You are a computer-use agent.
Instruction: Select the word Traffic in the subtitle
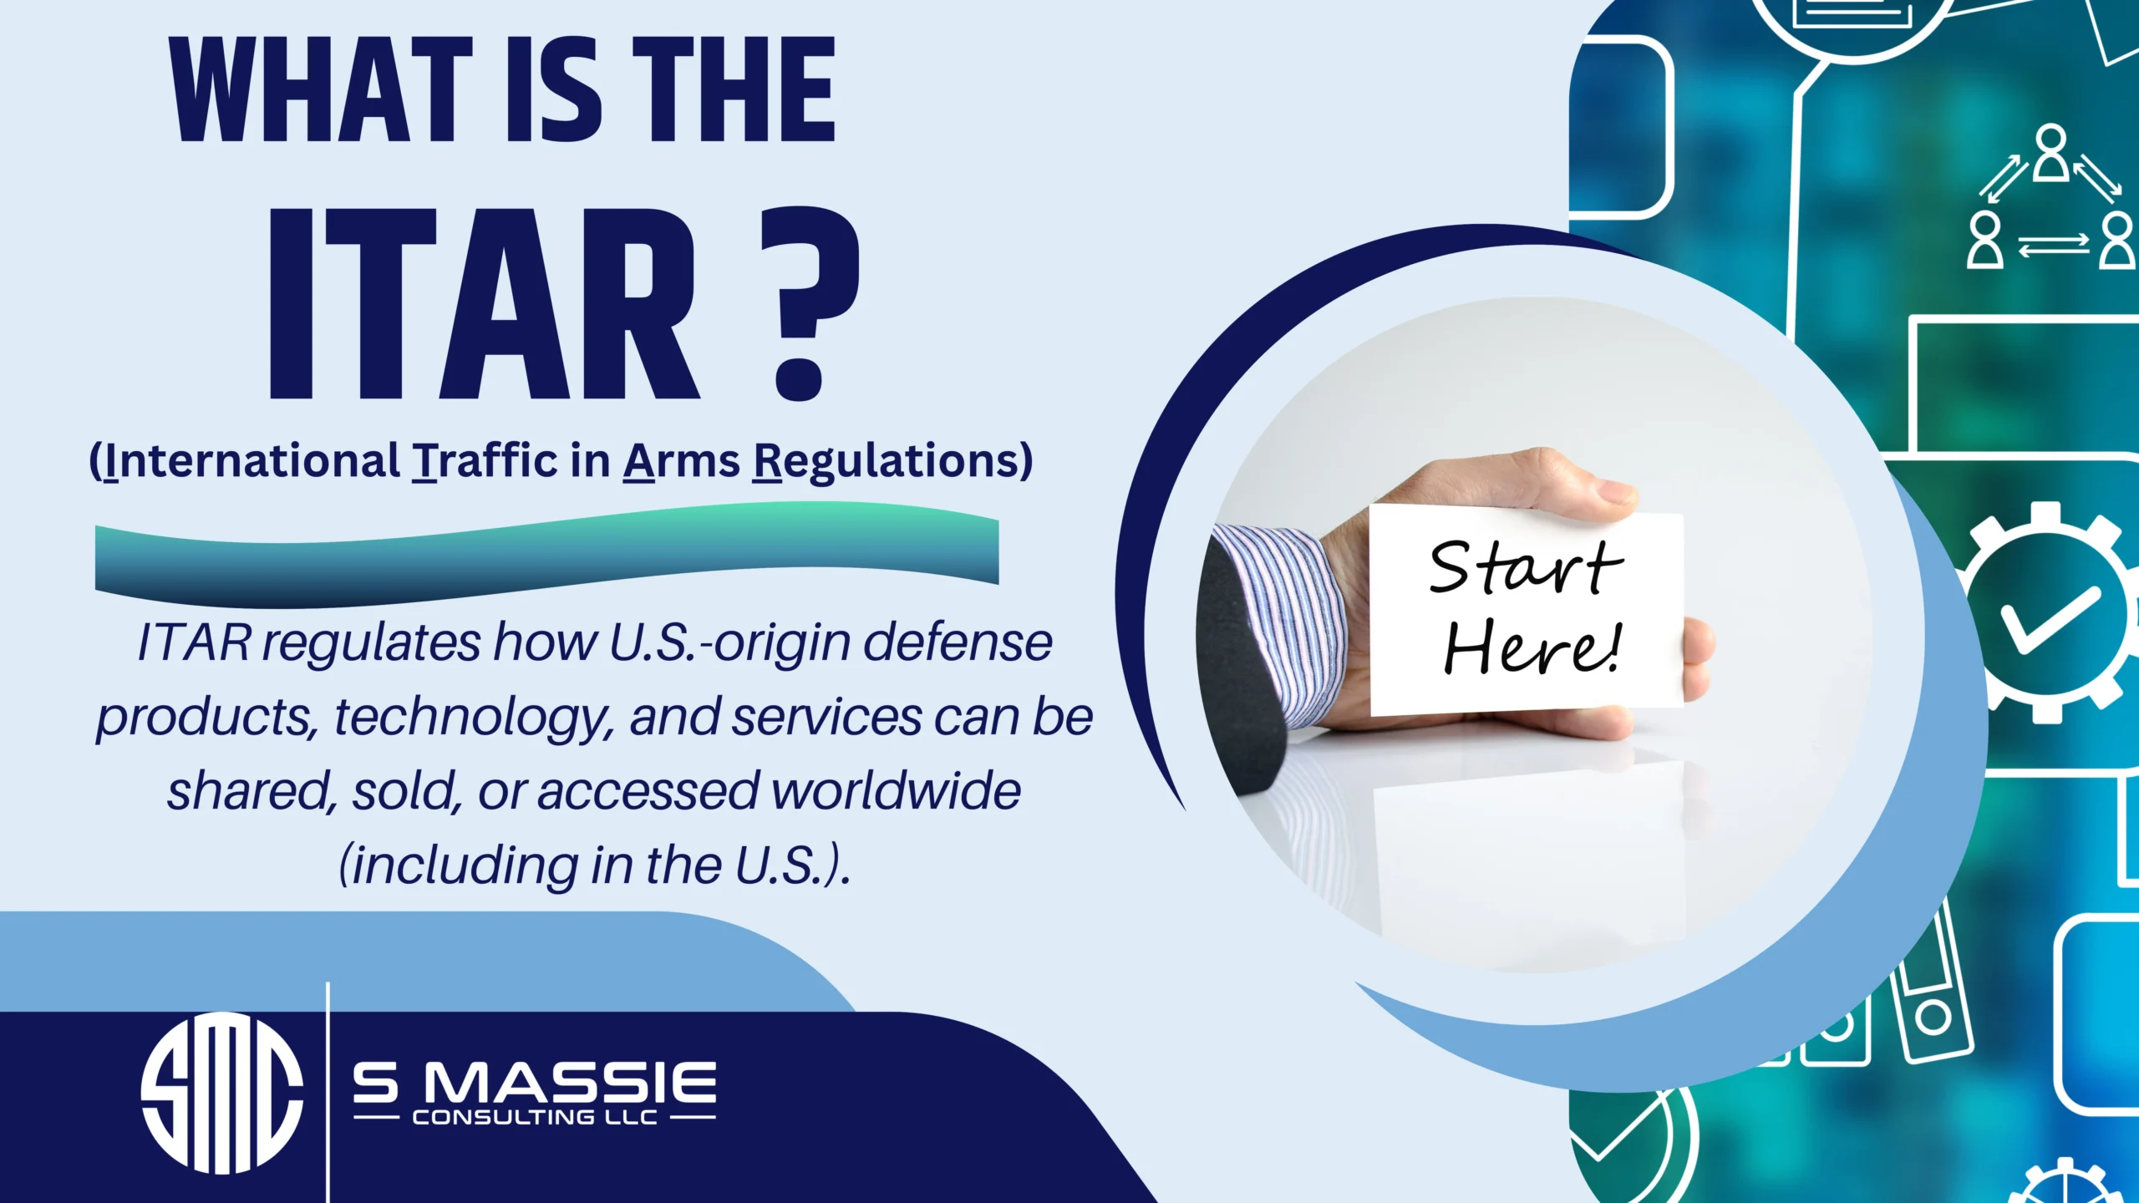click(x=485, y=460)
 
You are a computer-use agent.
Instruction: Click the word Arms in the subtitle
click(x=681, y=460)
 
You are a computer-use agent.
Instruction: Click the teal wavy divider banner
click(x=547, y=555)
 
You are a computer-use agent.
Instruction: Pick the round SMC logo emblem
click(x=221, y=1093)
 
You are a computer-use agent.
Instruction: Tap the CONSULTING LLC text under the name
click(x=535, y=1118)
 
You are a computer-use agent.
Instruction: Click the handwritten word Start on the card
click(x=1525, y=568)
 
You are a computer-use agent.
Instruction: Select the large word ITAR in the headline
click(x=480, y=305)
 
